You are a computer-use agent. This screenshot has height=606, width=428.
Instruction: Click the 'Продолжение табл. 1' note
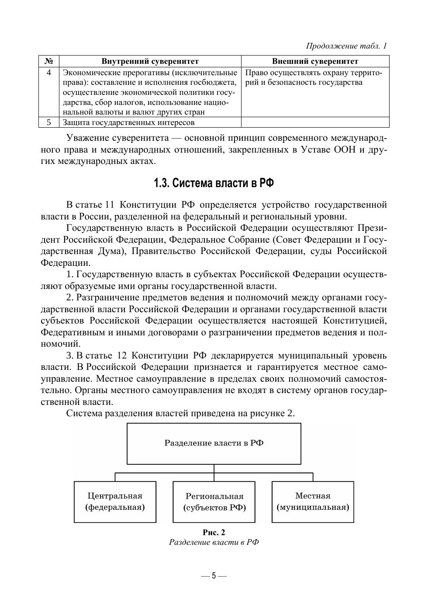[x=346, y=46]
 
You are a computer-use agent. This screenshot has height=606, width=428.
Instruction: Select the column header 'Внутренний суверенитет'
[x=150, y=61]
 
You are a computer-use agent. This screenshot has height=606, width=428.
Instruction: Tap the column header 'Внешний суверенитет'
[x=315, y=61]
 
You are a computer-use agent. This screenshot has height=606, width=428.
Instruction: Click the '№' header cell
[x=49, y=61]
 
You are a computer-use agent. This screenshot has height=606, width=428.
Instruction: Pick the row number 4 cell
[x=49, y=73]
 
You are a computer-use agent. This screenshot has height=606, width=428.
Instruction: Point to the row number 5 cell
[x=49, y=122]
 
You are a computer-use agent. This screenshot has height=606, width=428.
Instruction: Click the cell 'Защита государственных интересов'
[x=129, y=122]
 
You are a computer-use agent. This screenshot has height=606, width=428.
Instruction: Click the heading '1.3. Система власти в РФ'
[x=214, y=183]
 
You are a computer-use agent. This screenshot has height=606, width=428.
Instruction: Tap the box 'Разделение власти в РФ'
[x=214, y=443]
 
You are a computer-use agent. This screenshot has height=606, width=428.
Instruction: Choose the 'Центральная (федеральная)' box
[x=115, y=502]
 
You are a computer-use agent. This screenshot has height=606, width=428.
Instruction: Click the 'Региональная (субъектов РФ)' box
[x=214, y=502]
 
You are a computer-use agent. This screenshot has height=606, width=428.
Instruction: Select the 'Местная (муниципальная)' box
[x=313, y=502]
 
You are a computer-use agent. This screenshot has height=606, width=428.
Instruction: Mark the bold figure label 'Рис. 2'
[x=214, y=532]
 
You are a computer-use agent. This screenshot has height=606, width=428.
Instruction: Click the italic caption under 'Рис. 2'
[x=214, y=542]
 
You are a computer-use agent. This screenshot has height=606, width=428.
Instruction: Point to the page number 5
[x=214, y=575]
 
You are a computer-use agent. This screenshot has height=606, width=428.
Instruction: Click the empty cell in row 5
[x=315, y=122]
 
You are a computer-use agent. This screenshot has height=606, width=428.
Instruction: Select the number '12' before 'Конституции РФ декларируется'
[x=121, y=355]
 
